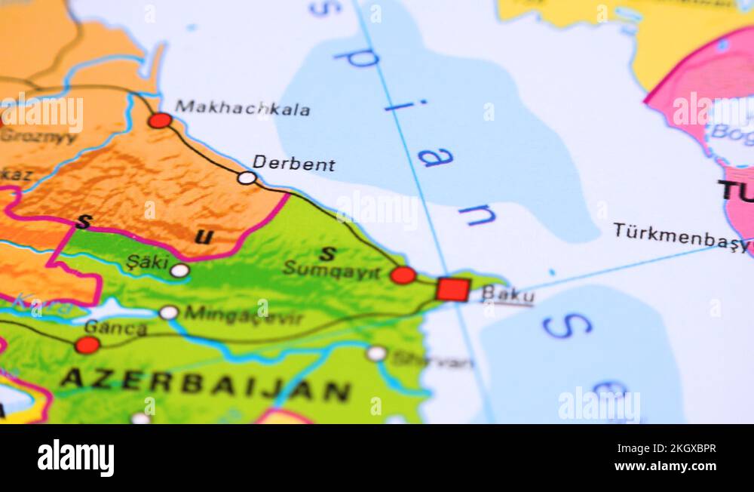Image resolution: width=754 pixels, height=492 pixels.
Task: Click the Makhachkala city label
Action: click(x=242, y=109)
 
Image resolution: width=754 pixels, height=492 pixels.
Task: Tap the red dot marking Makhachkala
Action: click(x=160, y=120)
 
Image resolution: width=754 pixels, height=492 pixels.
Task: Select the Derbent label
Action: click(x=293, y=164)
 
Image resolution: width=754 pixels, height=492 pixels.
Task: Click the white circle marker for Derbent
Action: click(x=247, y=178)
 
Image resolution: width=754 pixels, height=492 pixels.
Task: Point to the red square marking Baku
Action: click(x=452, y=289)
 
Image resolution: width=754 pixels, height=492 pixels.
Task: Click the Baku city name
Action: click(x=507, y=294)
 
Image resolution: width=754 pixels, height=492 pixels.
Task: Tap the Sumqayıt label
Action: click(x=332, y=270)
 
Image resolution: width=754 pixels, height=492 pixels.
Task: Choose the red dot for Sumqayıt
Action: click(x=403, y=275)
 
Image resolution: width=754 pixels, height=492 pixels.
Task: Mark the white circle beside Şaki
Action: click(x=179, y=270)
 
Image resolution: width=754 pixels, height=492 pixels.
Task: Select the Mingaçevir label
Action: click(x=243, y=315)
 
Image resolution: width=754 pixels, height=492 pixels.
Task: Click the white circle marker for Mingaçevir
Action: click(x=169, y=312)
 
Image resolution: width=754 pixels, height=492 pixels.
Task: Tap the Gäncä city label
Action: click(x=115, y=328)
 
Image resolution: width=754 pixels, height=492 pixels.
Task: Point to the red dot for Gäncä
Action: click(x=87, y=345)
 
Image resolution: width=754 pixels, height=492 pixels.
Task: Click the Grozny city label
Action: click(x=38, y=137)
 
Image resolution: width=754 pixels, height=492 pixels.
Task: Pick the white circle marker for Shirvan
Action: click(x=376, y=353)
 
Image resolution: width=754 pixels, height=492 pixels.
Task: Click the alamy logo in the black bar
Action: click(x=75, y=457)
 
